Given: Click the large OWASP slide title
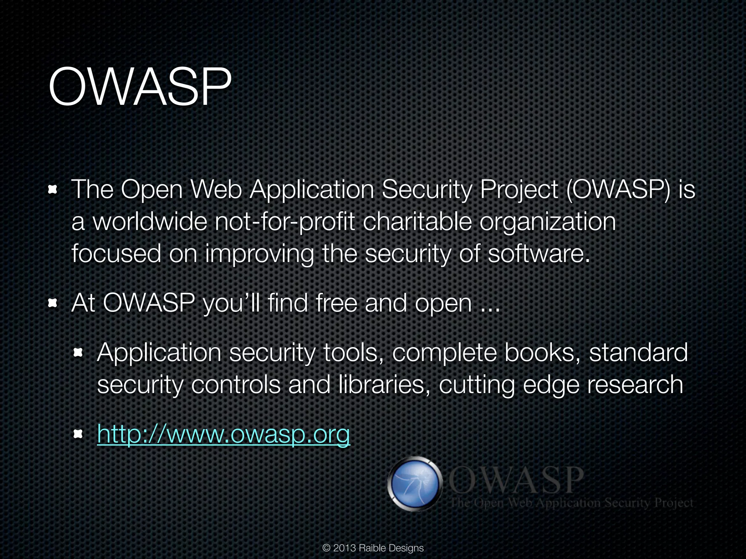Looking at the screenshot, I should tap(140, 87).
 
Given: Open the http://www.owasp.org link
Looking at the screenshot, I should tap(223, 434).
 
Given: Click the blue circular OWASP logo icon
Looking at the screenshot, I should tap(414, 484).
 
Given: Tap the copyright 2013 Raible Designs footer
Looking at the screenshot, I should tap(373, 548).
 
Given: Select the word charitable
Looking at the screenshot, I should tap(417, 222).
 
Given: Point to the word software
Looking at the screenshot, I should tap(538, 253).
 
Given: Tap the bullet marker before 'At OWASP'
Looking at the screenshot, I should tap(53, 303).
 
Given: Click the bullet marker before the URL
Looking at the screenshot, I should tap(78, 434).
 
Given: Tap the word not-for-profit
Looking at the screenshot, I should tap(284, 222).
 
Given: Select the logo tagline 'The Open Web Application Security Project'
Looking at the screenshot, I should tap(571, 503).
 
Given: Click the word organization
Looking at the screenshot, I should tap(547, 222).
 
